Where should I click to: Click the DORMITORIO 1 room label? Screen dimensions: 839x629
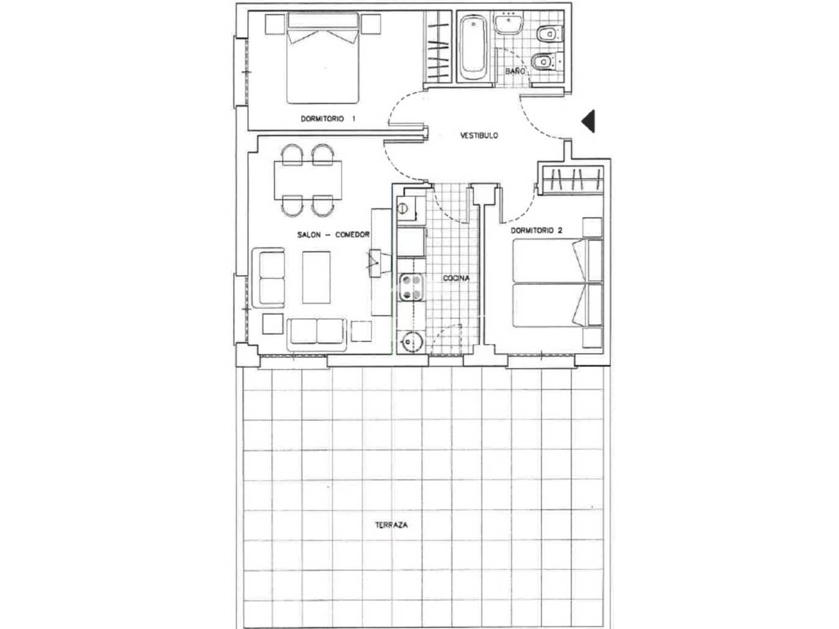[328, 119]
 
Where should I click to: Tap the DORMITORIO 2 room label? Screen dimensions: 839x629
[536, 230]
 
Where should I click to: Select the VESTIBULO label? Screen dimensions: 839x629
[479, 135]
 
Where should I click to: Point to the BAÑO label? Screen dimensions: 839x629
[515, 71]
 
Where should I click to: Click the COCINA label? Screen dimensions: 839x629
[456, 278]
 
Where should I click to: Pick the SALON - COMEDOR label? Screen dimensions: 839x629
[334, 235]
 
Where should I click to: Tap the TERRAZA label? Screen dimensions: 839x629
[391, 525]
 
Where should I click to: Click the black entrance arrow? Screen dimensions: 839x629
[588, 121]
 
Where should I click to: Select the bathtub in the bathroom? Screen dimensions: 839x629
[473, 47]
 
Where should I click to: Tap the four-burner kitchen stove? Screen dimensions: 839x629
[411, 287]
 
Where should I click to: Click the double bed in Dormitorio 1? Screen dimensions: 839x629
[322, 58]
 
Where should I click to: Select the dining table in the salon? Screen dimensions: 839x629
[307, 180]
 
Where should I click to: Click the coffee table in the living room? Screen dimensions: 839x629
[316, 277]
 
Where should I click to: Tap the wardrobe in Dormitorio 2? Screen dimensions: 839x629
[571, 180]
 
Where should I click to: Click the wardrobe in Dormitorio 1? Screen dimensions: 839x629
[438, 47]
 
